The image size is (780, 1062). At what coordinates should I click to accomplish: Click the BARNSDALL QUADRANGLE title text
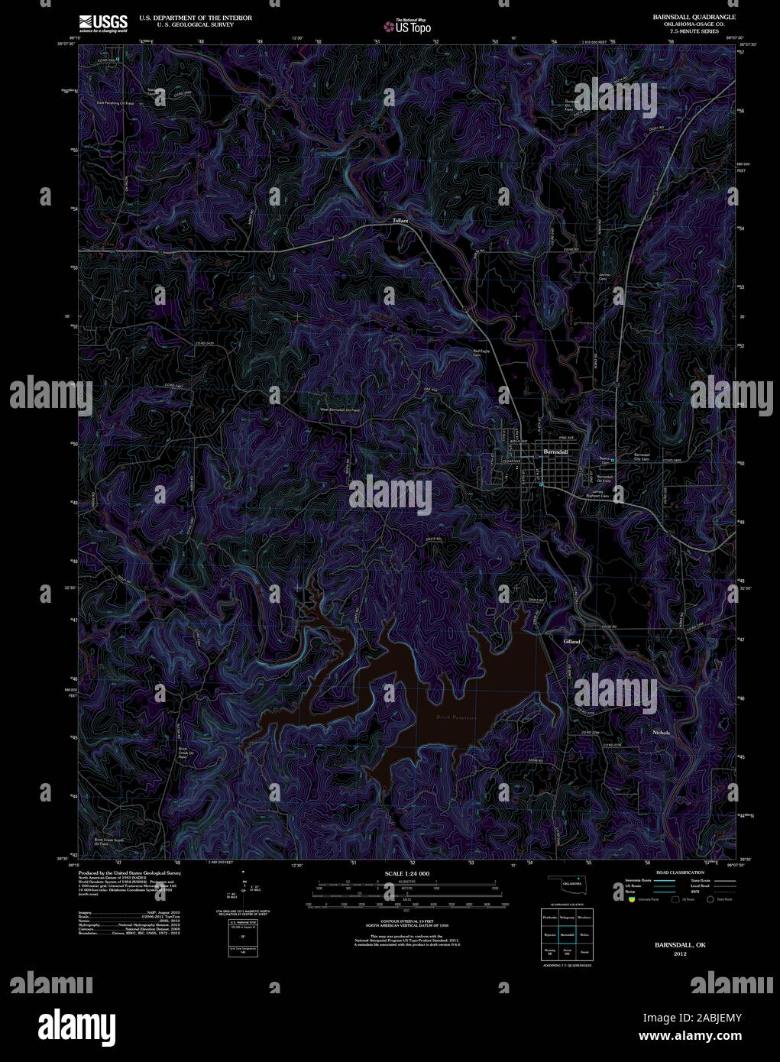(694, 16)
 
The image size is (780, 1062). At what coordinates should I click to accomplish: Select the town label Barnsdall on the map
(555, 452)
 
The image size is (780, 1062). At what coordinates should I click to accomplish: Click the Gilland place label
(571, 642)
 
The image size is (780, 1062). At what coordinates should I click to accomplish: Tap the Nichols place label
(661, 733)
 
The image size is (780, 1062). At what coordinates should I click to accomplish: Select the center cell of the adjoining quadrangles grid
(566, 934)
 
